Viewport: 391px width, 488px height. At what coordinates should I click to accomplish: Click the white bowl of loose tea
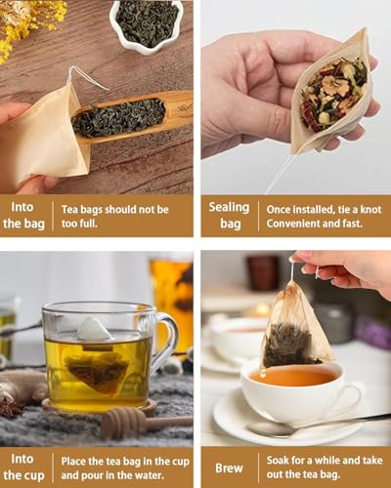click(x=147, y=23)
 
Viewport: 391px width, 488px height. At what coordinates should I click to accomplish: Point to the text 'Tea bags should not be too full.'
click(x=114, y=216)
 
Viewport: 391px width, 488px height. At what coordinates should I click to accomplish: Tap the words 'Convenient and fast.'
click(x=304, y=224)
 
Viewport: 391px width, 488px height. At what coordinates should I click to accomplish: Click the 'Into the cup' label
click(x=23, y=468)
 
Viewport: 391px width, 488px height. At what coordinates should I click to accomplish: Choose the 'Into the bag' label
click(x=23, y=216)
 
